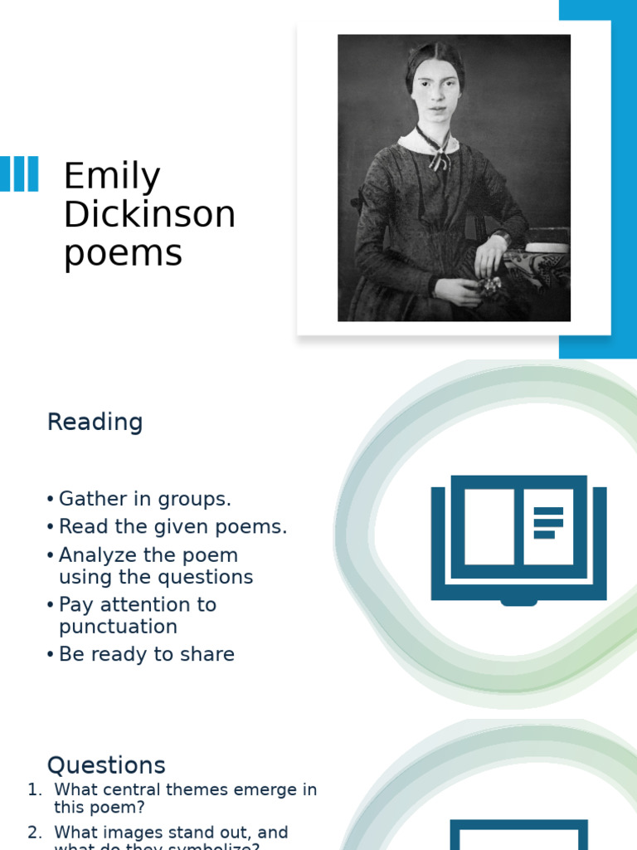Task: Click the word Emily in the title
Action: (112, 177)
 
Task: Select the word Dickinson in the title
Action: (149, 215)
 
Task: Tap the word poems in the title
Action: (123, 253)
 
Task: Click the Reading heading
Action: (95, 422)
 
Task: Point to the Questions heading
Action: (106, 765)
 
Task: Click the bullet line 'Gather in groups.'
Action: (144, 499)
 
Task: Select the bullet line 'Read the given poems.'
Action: (173, 527)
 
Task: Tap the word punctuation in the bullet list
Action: (118, 627)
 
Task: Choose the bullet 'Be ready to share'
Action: (146, 654)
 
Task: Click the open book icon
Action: (518, 538)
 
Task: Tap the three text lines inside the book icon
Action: (548, 523)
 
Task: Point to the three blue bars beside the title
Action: (19, 174)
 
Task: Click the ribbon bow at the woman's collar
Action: (439, 157)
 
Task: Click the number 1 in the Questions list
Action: (33, 790)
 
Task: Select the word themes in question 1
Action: (204, 790)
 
